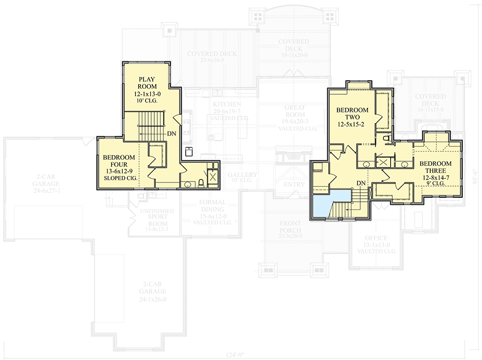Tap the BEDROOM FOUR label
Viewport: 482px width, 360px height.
pos(119,161)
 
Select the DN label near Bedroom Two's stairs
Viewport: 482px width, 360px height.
pos(361,183)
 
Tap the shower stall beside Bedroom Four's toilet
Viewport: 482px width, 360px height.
pos(213,177)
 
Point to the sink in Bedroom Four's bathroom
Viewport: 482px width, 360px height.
pos(188,184)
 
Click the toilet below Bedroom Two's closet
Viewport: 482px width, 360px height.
pos(386,138)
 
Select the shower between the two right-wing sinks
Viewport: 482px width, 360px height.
pos(384,162)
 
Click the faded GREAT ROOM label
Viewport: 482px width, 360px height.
pos(294,111)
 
